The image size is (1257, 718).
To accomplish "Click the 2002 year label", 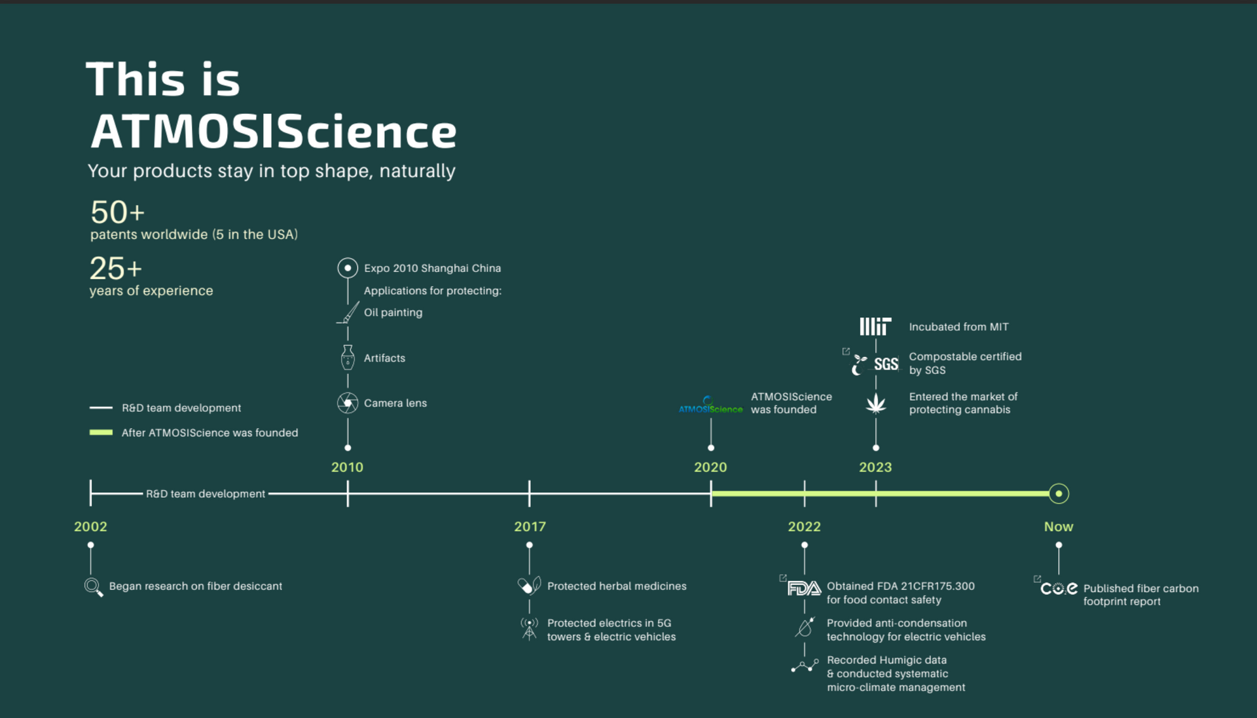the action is pos(90,527).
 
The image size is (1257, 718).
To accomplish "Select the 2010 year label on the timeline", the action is pos(347,467).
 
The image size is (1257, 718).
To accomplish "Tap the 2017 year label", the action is pos(530,527).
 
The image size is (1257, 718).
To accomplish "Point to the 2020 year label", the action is pos(710,467).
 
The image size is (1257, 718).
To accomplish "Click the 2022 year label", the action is pos(804,527).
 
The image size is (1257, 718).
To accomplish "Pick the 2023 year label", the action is pos(875,467).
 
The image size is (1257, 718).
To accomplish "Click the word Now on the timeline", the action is pos(1059,527).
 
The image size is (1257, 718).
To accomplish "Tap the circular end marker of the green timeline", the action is pos(1059,493).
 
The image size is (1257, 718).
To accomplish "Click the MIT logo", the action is pos(875,326).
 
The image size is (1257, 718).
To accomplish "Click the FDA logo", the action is pos(804,588).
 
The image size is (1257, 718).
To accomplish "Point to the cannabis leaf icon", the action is pos(876,404).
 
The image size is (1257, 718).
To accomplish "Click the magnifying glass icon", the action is pos(94,587).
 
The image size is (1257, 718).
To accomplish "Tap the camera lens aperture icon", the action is pos(348,402).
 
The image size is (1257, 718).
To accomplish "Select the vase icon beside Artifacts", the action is pos(348,358).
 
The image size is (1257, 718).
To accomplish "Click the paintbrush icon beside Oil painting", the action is pos(348,312).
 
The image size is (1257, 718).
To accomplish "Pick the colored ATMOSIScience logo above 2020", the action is pos(710,406).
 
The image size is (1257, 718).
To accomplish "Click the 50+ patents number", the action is pos(117,212).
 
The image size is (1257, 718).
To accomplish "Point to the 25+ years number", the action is pos(115,269).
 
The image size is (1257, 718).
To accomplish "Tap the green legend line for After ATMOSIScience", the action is pos(101,432).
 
